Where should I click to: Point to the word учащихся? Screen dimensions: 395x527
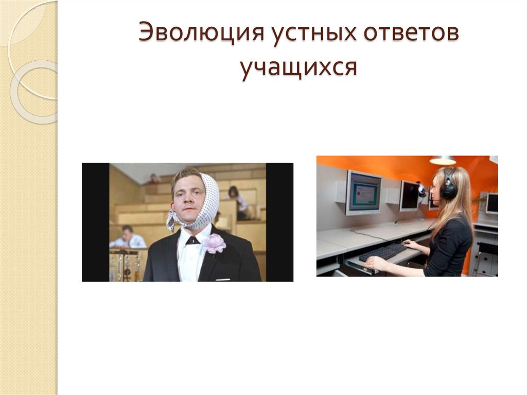pos(298,69)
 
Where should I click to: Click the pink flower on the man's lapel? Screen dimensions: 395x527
pos(215,244)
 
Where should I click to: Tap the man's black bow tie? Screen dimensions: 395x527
pos(192,240)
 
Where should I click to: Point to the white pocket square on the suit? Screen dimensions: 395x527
pos(222,280)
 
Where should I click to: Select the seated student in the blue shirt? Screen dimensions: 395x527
pos(127,237)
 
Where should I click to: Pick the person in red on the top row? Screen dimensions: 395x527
pos(153,179)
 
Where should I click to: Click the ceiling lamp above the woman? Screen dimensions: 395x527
pos(443,161)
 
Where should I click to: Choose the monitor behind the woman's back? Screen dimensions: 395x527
pos(491,203)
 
